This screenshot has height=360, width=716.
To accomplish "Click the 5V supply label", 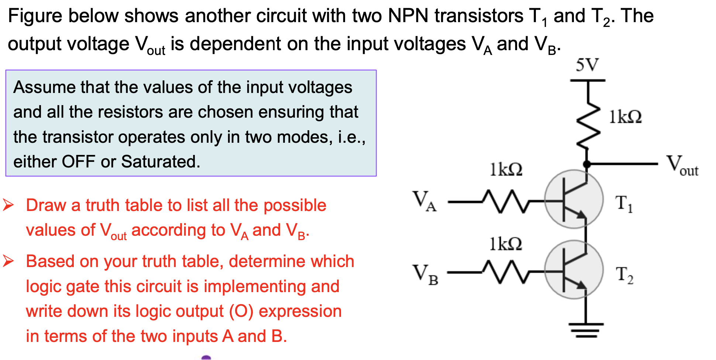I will pos(587,65).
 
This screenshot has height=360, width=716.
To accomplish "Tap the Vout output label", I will pos(682,166).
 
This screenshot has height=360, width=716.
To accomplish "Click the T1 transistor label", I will pos(624,204).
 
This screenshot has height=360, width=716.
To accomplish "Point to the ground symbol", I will pos(586,330).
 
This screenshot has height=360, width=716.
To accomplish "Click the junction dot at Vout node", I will pos(586,164).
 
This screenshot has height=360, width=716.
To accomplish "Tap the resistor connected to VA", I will pos(506,201).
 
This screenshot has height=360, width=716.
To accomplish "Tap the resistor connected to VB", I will pos(506,272).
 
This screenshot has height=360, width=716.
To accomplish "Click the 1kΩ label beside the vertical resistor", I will pos(625,117).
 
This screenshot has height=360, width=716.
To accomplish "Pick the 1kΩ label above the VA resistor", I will pos(506,170).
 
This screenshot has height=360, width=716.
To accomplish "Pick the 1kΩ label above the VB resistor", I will pos(506,244).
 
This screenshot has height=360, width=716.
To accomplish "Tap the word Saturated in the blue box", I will pos(161,162).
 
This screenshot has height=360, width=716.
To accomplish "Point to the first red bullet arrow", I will pos(8,205).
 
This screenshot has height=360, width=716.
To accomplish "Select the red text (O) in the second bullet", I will pos(241,311).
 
